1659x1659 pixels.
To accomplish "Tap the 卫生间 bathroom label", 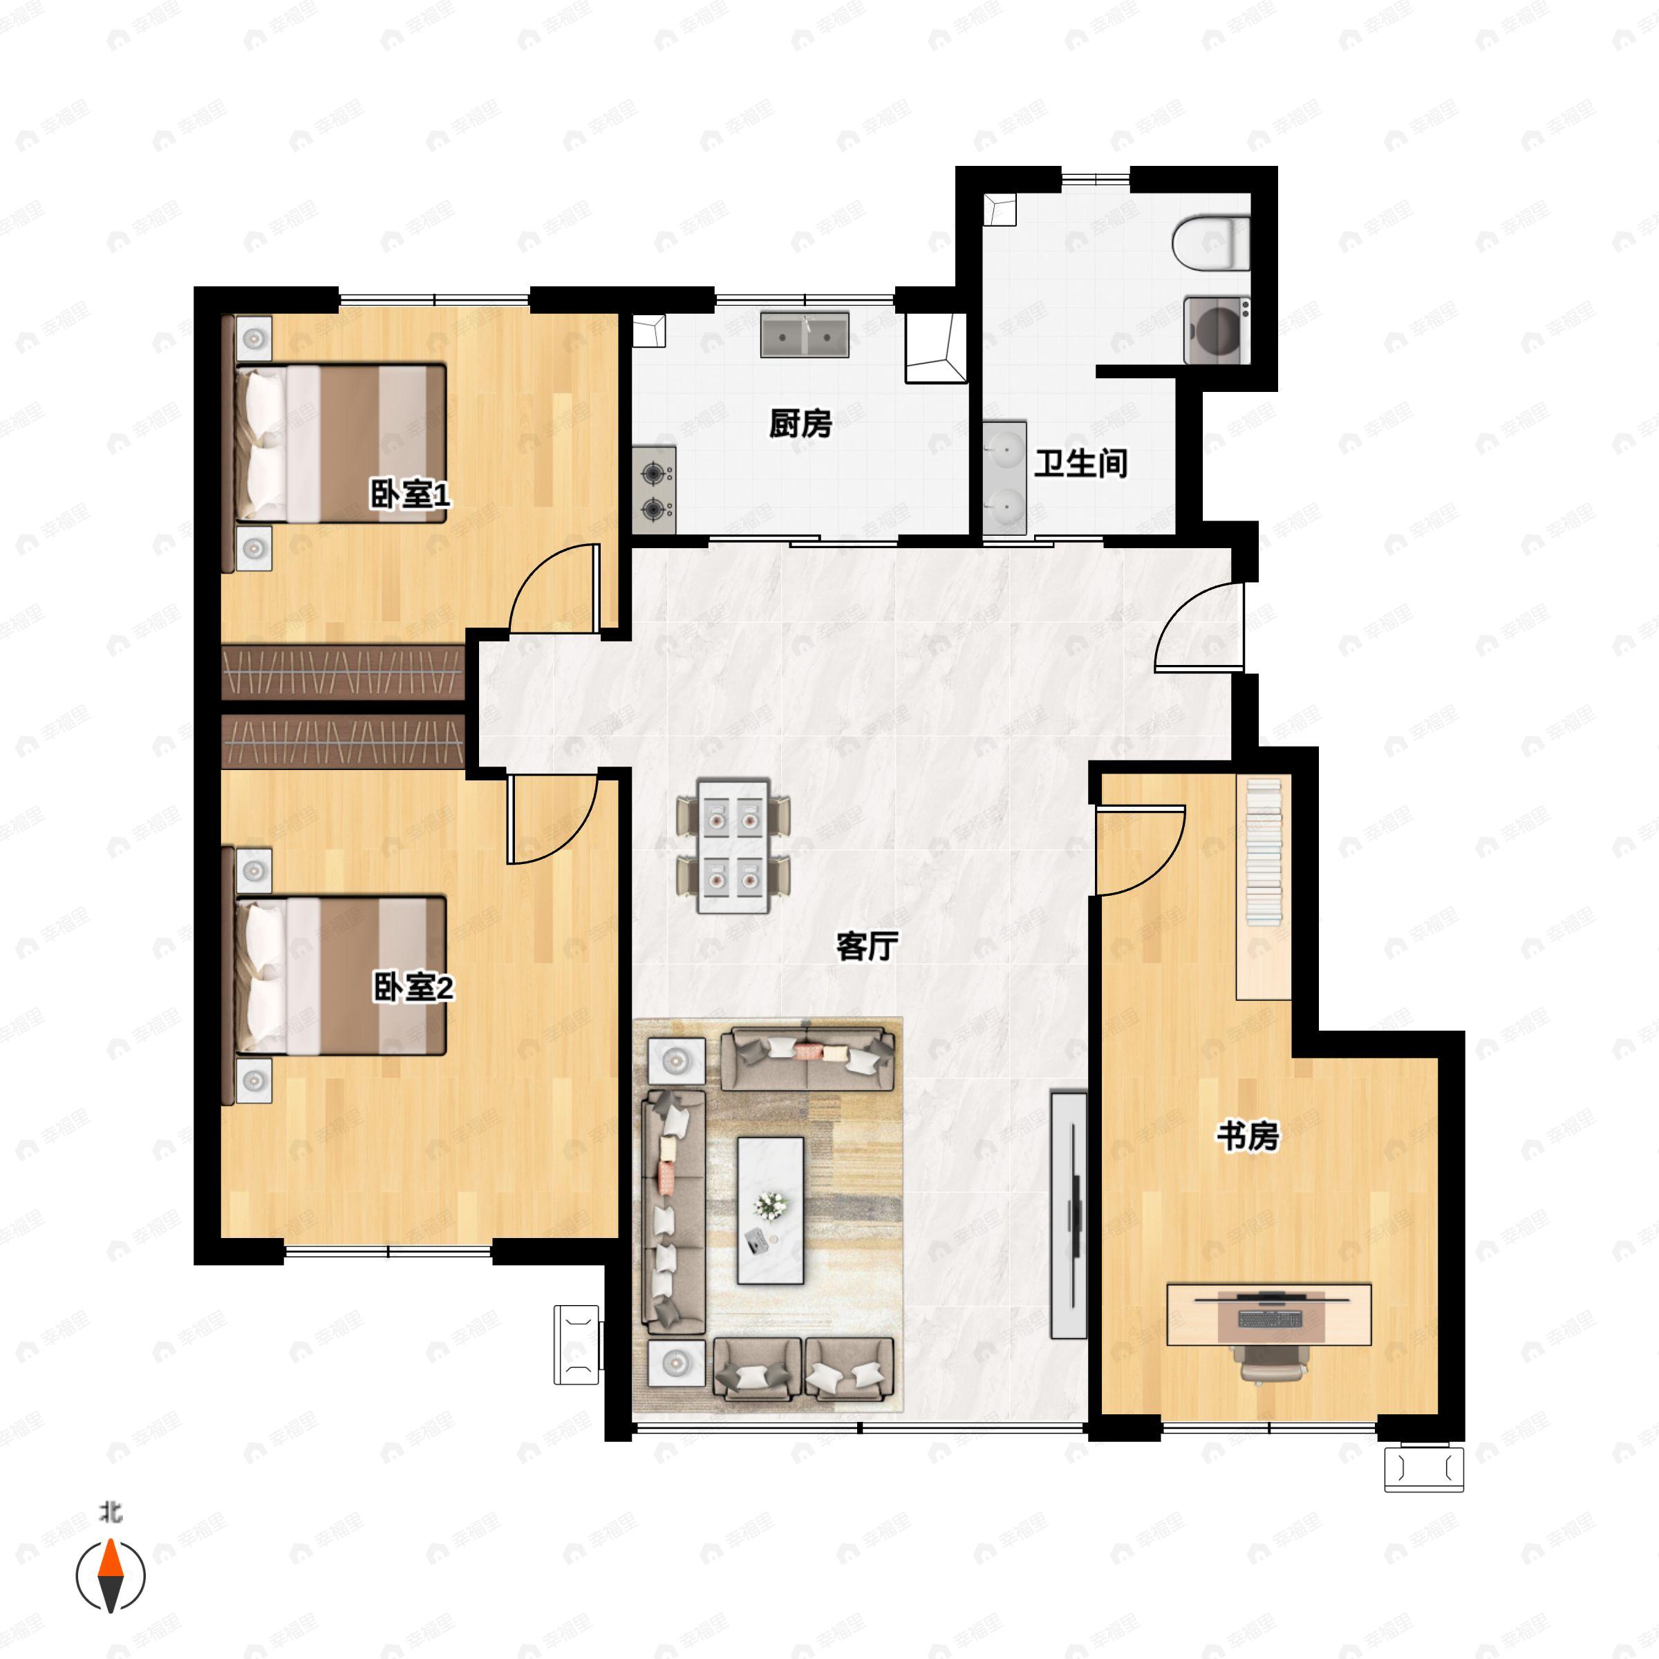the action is click(x=1080, y=464).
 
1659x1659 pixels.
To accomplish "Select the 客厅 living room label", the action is click(x=868, y=946).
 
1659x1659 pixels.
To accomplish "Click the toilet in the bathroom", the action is click(x=1211, y=243).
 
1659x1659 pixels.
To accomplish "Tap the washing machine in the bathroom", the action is click(x=1217, y=330).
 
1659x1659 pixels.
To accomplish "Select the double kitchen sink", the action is click(x=805, y=335).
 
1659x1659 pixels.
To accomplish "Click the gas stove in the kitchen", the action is click(x=655, y=490).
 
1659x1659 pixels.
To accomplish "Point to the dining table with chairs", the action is click(x=733, y=846).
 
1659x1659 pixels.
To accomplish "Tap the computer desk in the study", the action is click(x=1268, y=1315).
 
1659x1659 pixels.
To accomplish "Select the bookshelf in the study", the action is click(x=1263, y=887).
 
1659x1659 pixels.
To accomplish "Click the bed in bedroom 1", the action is click(x=341, y=443).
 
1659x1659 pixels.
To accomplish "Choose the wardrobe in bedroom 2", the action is click(x=343, y=740).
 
